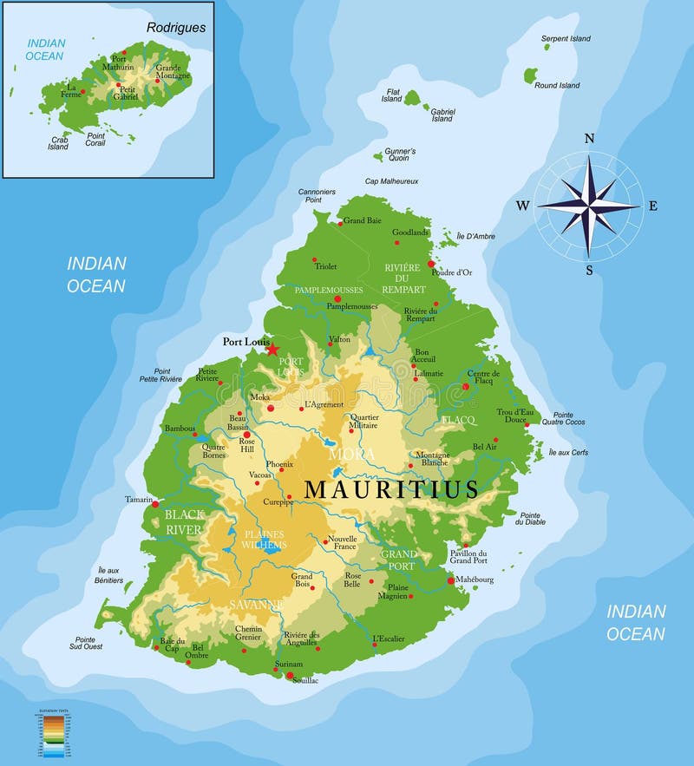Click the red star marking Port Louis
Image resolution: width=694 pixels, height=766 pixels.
[x=272, y=349]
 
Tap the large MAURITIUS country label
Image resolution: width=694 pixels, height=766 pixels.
[x=391, y=489]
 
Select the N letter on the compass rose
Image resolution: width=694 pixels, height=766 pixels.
[x=590, y=139]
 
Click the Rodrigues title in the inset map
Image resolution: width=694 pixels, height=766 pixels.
[x=176, y=27]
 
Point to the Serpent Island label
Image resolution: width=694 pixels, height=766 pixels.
[x=566, y=39]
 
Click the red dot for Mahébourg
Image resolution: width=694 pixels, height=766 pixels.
[x=451, y=580]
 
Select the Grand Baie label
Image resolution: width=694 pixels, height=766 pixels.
[x=363, y=221]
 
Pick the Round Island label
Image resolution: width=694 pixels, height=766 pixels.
[x=557, y=86]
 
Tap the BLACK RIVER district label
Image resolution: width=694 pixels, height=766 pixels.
[x=184, y=521]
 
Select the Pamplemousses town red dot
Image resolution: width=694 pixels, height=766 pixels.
[x=337, y=298]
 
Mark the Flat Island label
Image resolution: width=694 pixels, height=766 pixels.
[x=392, y=95]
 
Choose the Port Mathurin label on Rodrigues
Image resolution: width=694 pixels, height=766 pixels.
[x=117, y=62]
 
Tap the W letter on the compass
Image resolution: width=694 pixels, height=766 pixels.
[x=523, y=206]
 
